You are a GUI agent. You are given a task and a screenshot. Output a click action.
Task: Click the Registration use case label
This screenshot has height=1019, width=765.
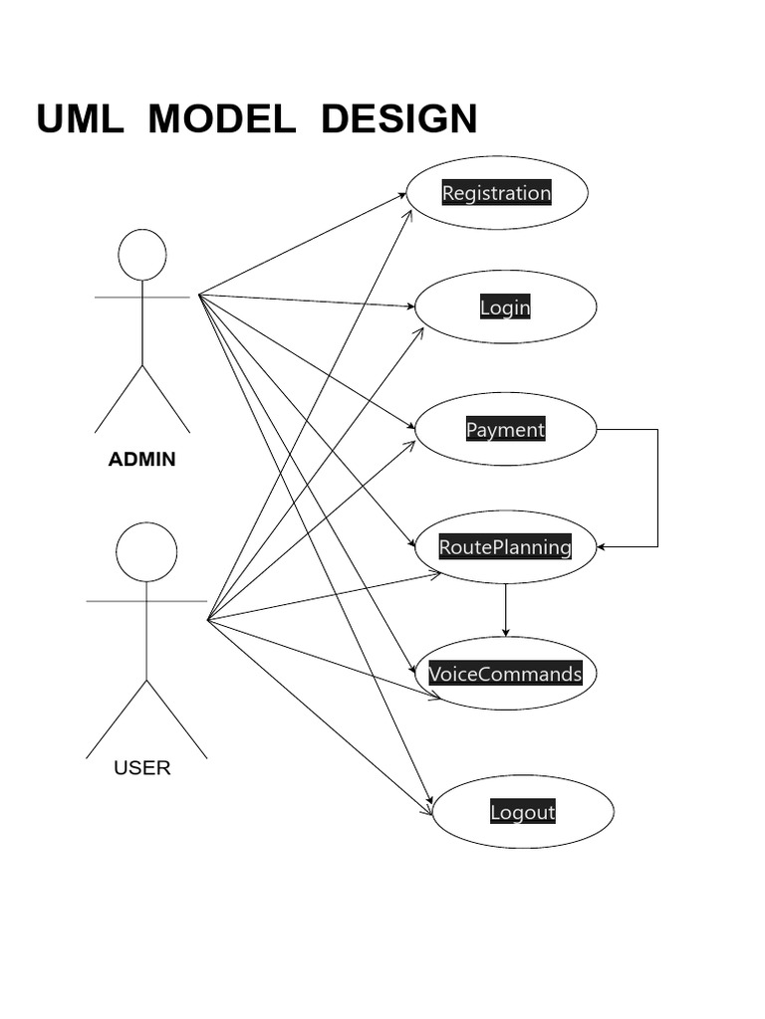496,193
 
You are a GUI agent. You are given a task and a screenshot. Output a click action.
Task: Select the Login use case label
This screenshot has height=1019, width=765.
505,307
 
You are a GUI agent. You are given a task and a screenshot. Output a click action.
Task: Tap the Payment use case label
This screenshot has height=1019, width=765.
505,430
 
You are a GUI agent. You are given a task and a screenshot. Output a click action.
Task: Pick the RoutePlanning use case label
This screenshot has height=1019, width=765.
505,546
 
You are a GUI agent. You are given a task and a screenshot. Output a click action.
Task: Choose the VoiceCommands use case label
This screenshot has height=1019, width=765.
505,674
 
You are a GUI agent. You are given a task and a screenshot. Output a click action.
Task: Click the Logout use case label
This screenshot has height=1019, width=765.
522,812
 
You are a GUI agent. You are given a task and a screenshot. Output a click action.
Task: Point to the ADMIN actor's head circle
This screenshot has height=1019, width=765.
142,255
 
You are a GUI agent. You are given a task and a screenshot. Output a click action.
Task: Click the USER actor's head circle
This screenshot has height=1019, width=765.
146,552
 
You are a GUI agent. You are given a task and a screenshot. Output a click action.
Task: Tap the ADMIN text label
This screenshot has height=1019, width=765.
141,459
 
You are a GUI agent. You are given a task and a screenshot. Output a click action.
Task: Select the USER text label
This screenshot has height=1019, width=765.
142,767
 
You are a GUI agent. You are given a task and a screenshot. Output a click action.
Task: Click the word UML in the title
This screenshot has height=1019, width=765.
80,119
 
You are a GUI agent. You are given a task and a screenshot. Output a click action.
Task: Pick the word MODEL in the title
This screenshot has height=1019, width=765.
221,119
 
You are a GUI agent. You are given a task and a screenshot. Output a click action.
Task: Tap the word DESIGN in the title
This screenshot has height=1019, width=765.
398,119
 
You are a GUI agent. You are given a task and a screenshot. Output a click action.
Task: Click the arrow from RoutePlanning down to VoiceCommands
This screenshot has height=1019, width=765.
505,609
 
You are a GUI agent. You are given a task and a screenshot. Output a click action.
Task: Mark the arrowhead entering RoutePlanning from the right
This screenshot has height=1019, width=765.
601,546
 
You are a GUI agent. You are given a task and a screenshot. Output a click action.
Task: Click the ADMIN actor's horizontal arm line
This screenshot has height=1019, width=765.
142,297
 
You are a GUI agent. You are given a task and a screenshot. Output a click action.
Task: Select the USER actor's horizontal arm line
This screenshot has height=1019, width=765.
146,601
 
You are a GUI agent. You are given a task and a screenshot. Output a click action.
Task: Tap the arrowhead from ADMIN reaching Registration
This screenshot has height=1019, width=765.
402,195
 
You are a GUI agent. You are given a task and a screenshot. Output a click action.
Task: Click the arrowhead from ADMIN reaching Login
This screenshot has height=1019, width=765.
411,306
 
